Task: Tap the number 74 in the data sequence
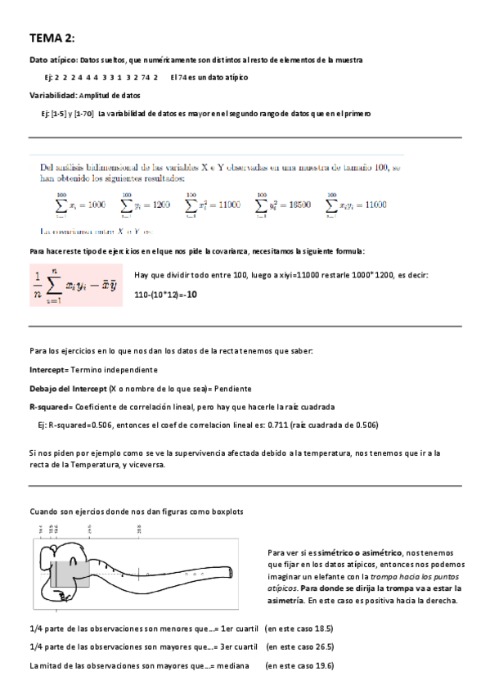tap(145, 77)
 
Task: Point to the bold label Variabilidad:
tap(54, 96)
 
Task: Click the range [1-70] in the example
tap(83, 114)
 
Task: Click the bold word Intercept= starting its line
tap(52, 370)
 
